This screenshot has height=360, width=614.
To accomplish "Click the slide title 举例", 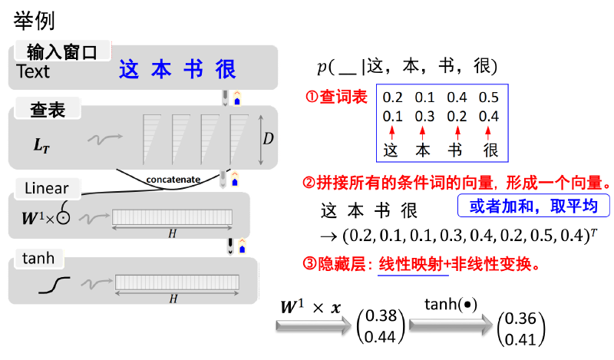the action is point(34,21).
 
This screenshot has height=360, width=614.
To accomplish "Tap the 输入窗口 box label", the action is point(62,52).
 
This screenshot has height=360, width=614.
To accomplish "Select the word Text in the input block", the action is point(33,71).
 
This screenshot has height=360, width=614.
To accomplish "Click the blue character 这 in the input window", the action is point(129,69).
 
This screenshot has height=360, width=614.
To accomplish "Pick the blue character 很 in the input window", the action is point(226,69).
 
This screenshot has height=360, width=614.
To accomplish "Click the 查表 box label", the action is point(48,110).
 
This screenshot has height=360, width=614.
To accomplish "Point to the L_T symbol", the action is point(41,145).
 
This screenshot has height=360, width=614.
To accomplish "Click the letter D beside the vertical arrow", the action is point(268,138).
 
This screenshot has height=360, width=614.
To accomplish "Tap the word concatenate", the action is point(173,180).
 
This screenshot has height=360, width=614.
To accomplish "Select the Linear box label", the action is point(47,188).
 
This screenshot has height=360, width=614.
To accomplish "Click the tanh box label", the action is point(38,259).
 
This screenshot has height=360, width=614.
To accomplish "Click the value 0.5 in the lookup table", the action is point(489,97).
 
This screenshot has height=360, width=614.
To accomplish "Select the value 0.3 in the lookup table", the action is point(424,117).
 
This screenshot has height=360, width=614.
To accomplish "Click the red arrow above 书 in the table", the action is point(457,133).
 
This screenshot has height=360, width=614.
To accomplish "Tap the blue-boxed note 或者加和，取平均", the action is point(533,206).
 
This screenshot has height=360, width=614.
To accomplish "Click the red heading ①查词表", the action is point(336,97).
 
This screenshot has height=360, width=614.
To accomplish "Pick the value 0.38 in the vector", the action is point(381,315).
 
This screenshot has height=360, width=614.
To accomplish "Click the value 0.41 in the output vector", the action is point(520,339).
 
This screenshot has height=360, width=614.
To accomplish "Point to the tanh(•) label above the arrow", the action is point(451,305).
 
